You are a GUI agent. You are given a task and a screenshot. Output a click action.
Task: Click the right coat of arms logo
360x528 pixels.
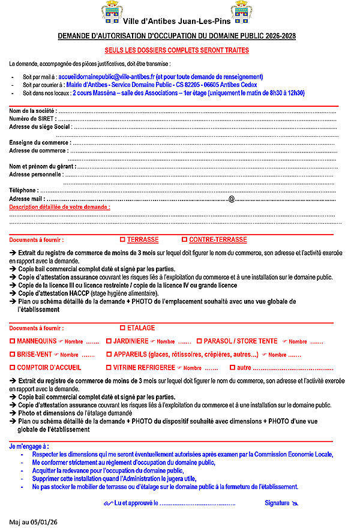pyautogui.click(x=242, y=12)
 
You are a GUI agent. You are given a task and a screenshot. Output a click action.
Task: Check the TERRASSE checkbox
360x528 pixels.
pyautogui.click(x=122, y=239)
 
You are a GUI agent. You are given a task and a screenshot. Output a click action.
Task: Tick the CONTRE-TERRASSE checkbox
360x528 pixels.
pyautogui.click(x=184, y=239)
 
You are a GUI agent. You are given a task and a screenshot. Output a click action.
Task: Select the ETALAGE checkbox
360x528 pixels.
pyautogui.click(x=122, y=328)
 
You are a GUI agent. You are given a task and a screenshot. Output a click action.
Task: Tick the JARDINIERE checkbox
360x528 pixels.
pyautogui.click(x=109, y=341)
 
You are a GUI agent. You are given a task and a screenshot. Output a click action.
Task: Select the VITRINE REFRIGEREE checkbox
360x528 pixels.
pyautogui.click(x=109, y=367)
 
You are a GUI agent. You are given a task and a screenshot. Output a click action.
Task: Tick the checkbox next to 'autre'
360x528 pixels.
pyautogui.click(x=232, y=367)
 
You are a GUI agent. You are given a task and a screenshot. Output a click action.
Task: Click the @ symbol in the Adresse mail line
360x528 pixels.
pyautogui.click(x=231, y=199)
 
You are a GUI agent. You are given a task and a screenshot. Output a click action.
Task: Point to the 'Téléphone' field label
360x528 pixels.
pyautogui.click(x=23, y=190)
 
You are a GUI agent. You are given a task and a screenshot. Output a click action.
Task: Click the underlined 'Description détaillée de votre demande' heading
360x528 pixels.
pyautogui.click(x=59, y=207)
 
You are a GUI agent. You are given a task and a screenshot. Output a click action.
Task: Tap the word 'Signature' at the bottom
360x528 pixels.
pyautogui.click(x=277, y=502)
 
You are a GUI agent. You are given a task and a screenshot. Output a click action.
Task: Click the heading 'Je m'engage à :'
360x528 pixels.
pyautogui.click(x=29, y=446)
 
